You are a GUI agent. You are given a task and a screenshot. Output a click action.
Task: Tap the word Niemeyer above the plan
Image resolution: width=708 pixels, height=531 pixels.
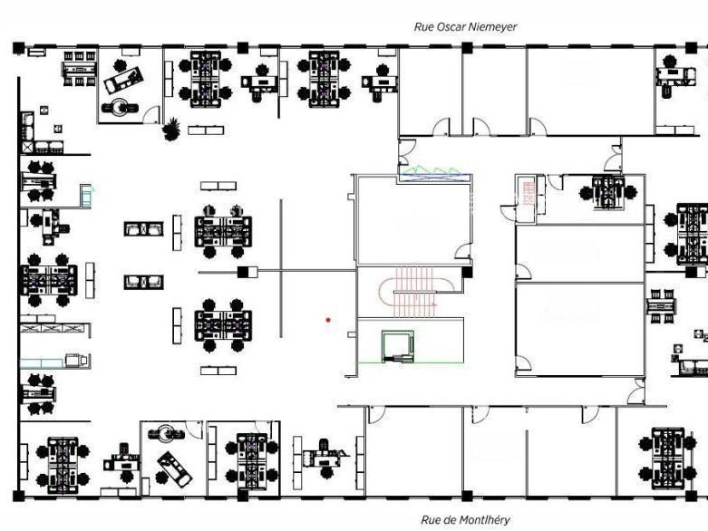coord(492,26)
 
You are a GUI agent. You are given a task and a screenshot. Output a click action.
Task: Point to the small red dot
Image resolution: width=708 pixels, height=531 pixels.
coord(328,320)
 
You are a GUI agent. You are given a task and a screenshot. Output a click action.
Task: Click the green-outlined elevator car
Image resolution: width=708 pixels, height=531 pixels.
coord(397,346)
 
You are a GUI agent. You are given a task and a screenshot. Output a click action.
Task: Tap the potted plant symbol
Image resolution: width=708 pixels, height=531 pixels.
coord(171,129)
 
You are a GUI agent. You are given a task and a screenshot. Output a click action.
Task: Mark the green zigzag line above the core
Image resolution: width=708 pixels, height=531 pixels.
coord(432,171)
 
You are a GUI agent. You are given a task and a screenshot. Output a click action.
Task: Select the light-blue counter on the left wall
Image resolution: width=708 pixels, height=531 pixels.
coord(42,363)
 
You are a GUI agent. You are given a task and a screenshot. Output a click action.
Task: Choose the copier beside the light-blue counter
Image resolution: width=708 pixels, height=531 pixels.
coord(76,360)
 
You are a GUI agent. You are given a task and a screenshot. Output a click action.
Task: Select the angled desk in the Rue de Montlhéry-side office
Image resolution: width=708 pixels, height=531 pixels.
coord(175,469)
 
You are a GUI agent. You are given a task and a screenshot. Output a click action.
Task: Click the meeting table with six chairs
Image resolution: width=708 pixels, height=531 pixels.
coord(80,69)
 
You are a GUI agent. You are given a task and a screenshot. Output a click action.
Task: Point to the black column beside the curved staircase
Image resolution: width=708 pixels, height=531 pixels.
coord(468,272)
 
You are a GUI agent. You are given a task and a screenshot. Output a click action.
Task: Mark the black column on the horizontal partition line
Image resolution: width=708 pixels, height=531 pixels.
coord(244,272)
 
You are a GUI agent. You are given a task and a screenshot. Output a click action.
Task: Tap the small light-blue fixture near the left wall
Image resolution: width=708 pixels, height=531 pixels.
coord(86,196)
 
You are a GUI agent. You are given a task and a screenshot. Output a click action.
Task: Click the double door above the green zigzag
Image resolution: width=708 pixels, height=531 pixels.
coord(407,152)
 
